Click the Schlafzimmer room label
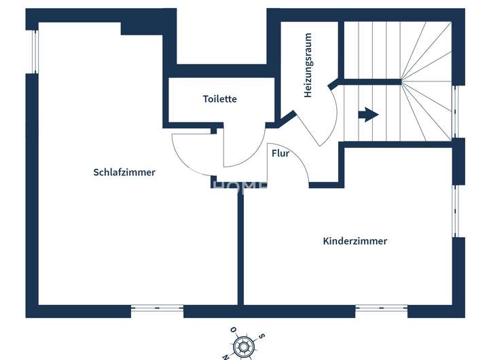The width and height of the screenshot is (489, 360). click(x=124, y=173)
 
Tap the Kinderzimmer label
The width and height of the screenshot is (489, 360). click(x=355, y=241)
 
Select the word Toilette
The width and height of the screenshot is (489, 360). click(x=220, y=99)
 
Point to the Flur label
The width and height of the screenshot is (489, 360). click(x=280, y=154)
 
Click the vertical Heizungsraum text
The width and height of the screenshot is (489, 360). click(x=308, y=65)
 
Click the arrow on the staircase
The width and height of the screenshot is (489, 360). click(x=368, y=114)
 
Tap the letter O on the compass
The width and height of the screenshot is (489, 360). click(x=234, y=330)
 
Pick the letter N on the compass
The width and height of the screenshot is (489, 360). click(x=226, y=355)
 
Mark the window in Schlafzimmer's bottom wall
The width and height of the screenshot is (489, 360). click(x=157, y=310)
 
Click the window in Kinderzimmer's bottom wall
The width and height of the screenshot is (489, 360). click(x=381, y=310)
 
